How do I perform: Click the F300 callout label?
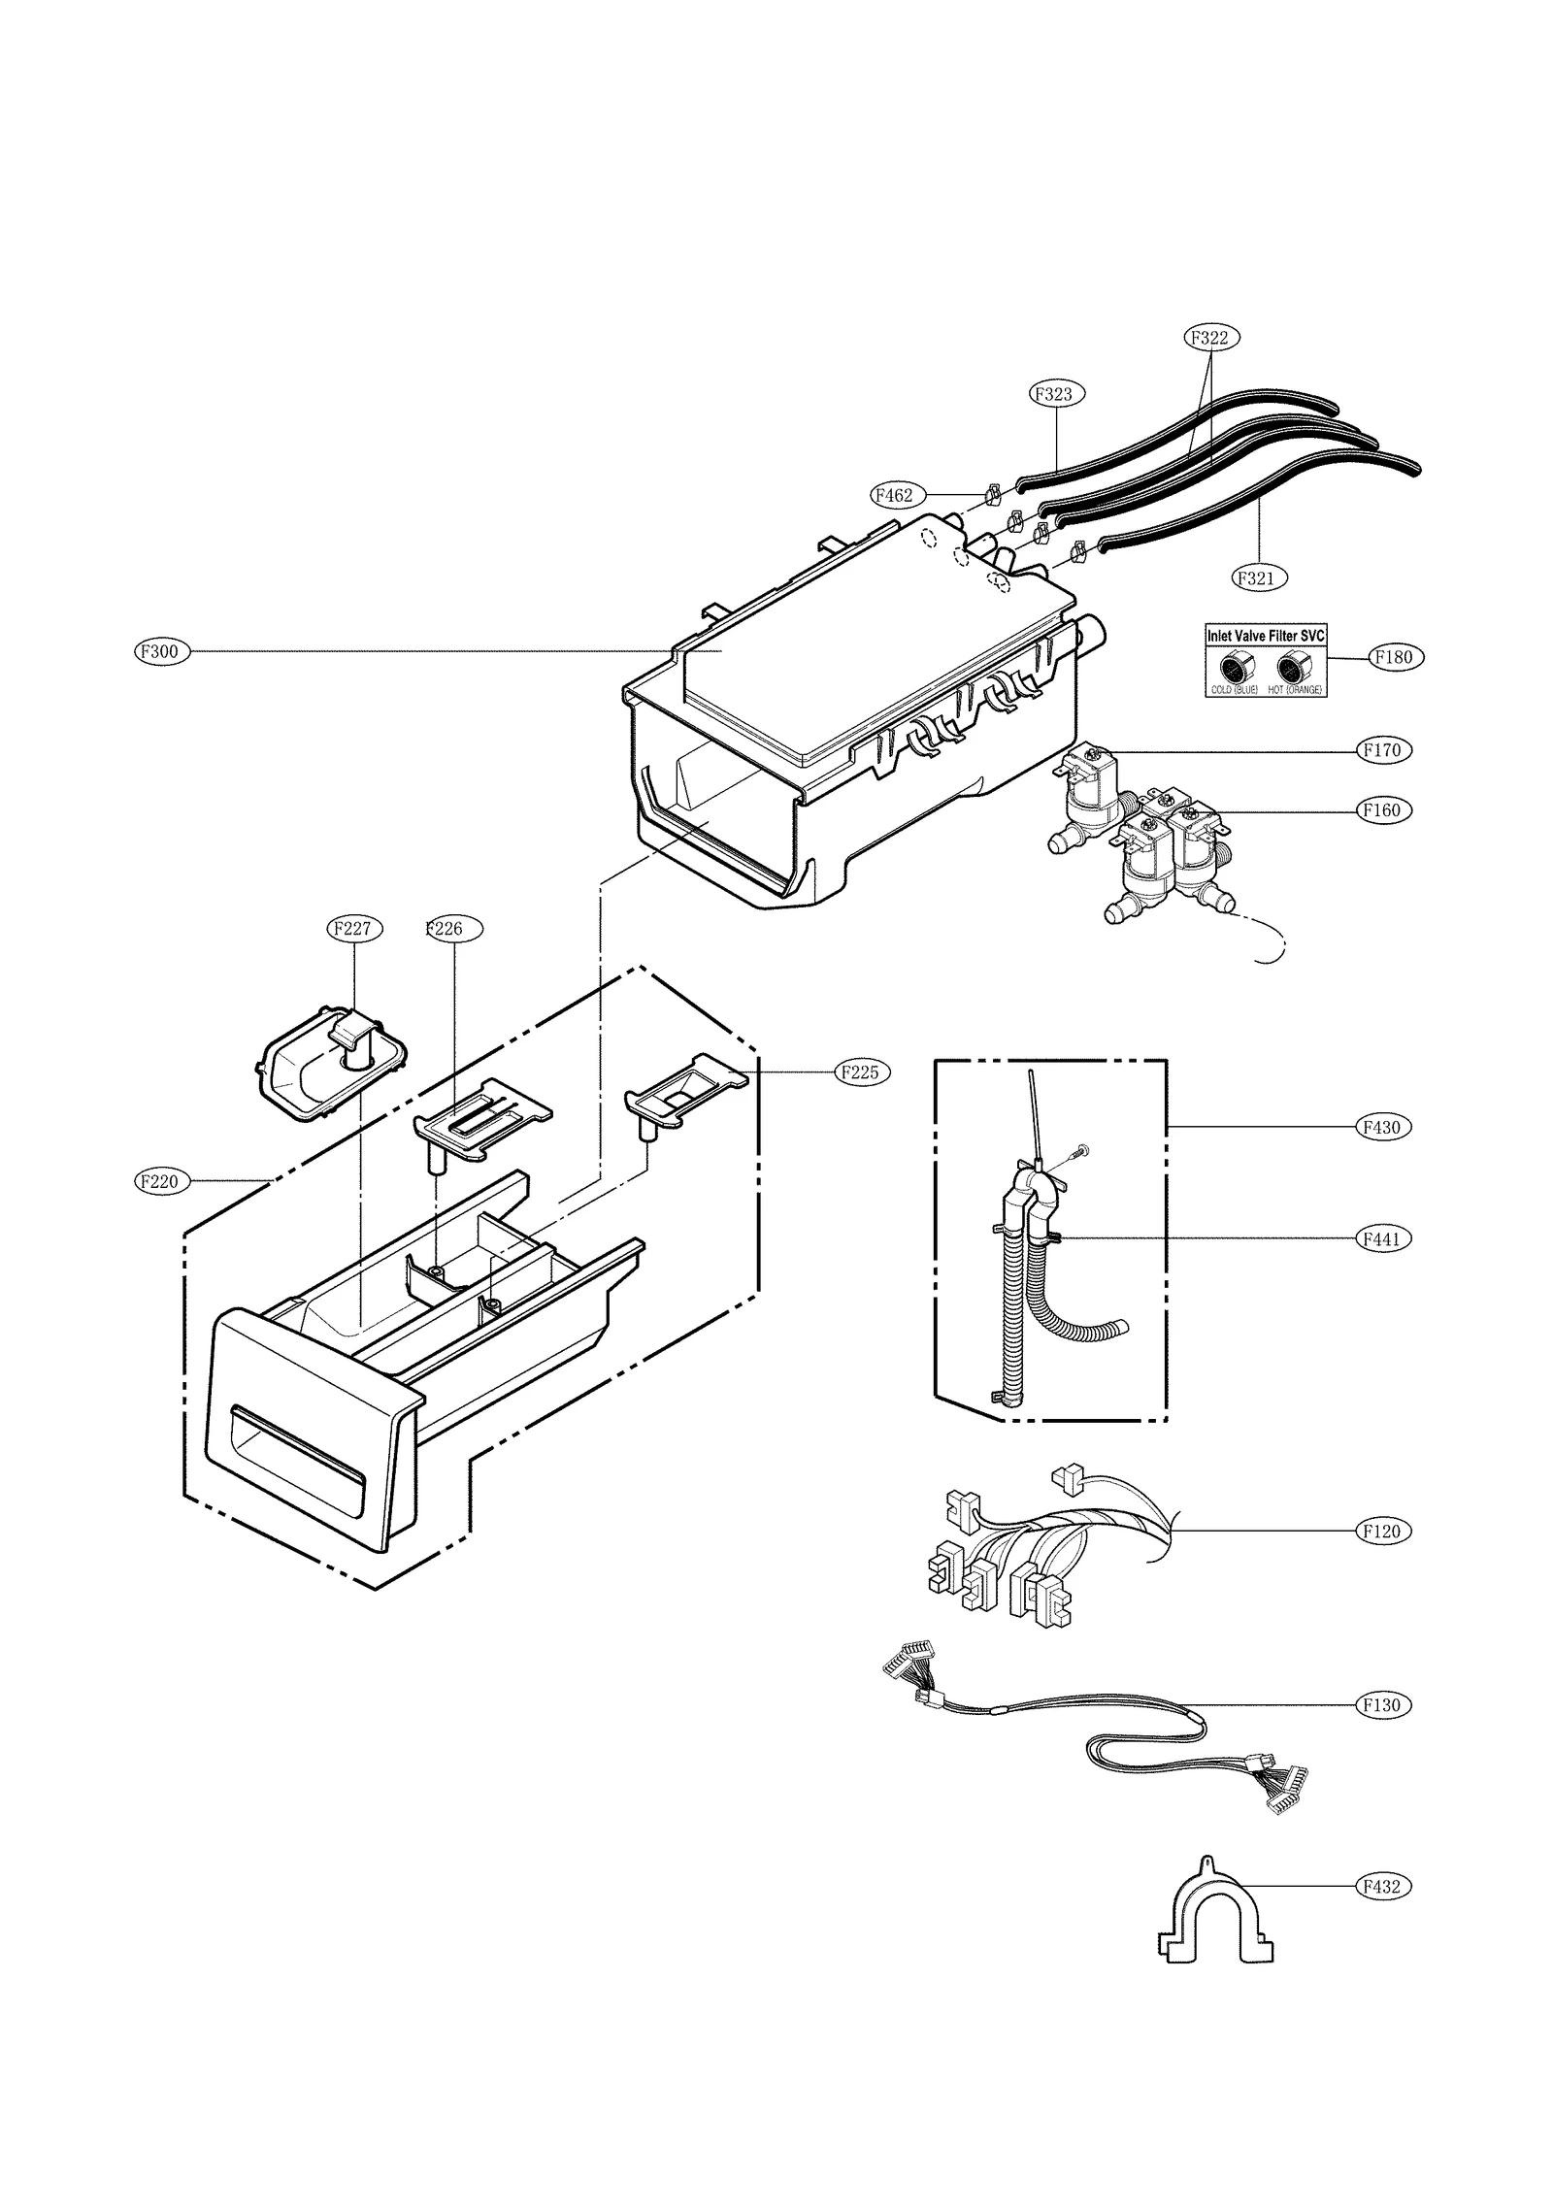pyautogui.click(x=161, y=651)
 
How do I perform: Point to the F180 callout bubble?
pyautogui.click(x=1397, y=657)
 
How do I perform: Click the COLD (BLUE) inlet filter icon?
pyautogui.click(x=1235, y=667)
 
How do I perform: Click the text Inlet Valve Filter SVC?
pyautogui.click(x=1265, y=636)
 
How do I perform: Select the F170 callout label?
pyautogui.click(x=1382, y=749)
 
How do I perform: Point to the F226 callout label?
pyautogui.click(x=452, y=929)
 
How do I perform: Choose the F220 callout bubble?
pyautogui.click(x=161, y=1181)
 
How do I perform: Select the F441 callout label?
pyautogui.click(x=1382, y=1238)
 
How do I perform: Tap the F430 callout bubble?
pyautogui.click(x=1382, y=1127)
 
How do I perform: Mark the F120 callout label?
pyautogui.click(x=1382, y=1531)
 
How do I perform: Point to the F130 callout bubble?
pyautogui.click(x=1382, y=1704)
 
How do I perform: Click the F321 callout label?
pyautogui.click(x=1259, y=577)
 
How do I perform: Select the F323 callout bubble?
pyautogui.click(x=1056, y=394)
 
